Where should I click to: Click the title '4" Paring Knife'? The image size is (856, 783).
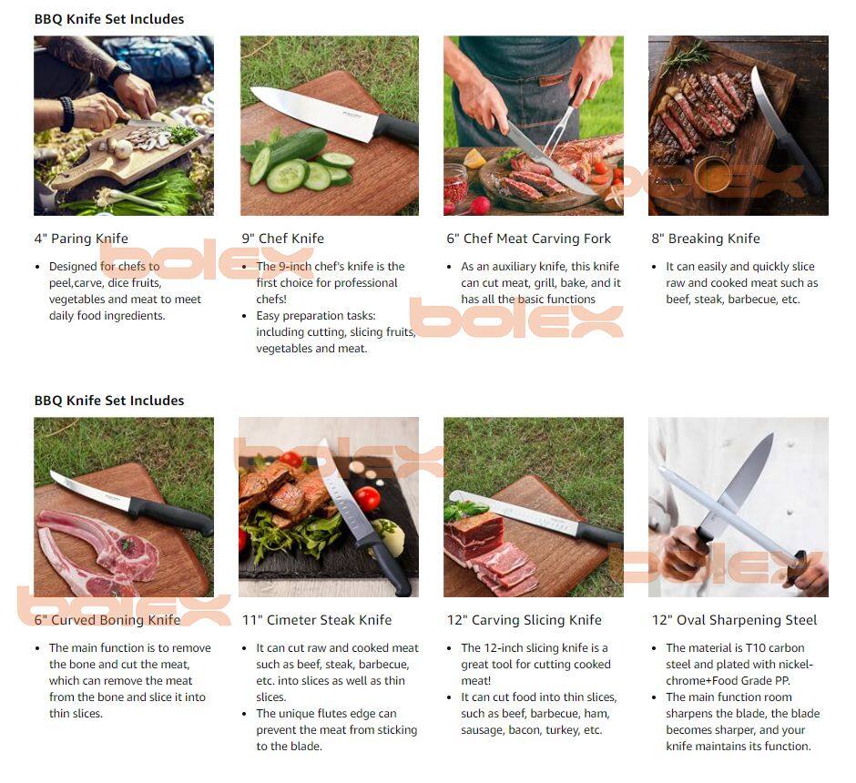click(81, 239)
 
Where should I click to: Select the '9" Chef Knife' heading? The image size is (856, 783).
click(283, 239)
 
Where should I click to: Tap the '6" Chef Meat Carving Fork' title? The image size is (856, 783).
click(528, 239)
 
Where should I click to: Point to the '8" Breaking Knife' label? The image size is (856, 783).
click(706, 239)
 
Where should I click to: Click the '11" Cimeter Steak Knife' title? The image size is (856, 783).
click(317, 620)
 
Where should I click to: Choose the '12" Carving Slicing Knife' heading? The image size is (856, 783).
click(525, 620)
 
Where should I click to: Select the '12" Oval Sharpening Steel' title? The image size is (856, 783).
click(734, 620)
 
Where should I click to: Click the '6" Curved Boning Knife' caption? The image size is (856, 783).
click(107, 620)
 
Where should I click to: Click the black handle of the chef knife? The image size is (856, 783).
click(397, 131)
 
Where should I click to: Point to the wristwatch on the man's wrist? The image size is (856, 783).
click(121, 70)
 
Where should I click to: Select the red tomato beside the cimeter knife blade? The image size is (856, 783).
click(367, 499)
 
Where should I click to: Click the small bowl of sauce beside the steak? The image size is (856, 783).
click(713, 175)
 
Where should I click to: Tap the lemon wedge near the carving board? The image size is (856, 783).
click(474, 158)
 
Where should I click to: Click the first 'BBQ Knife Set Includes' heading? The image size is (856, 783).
click(109, 19)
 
